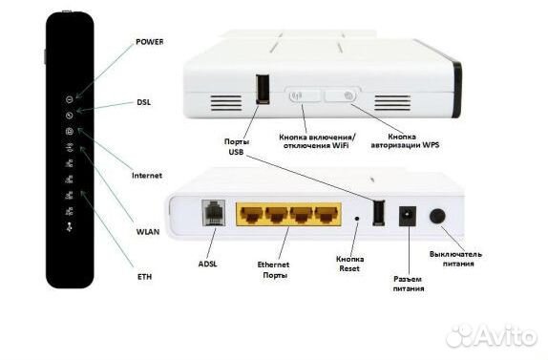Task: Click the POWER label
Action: (149, 42)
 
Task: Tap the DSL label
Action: (143, 101)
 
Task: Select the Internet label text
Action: (146, 176)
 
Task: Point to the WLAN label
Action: (146, 232)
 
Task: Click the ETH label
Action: (143, 276)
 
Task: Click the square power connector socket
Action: (409, 217)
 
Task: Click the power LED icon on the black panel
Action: (70, 98)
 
